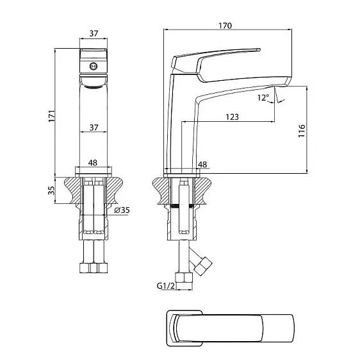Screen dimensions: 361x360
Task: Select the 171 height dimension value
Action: point(52,113)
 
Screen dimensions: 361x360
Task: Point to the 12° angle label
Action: point(263,97)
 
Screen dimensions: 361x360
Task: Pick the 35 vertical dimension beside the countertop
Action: point(52,190)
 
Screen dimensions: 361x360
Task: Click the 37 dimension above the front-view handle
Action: point(93,33)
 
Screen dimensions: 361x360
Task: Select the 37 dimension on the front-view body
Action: point(93,128)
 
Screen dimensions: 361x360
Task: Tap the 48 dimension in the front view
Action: point(93,163)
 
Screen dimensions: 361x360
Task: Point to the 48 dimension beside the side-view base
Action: point(203,165)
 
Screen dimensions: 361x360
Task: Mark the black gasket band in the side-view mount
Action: point(183,207)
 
